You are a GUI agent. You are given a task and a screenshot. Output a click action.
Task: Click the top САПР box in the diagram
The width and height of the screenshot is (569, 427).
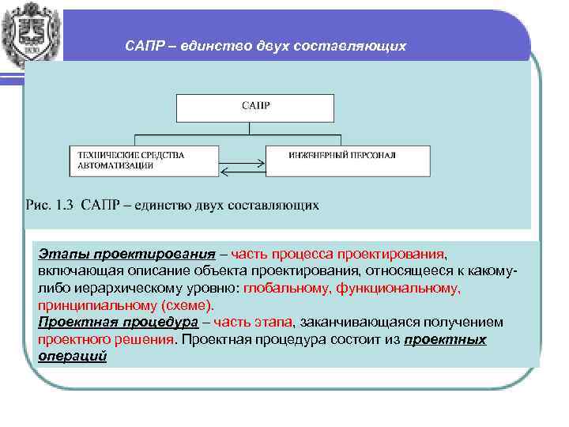coord(254,107)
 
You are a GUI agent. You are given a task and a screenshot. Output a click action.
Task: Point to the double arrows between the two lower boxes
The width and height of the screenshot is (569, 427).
coord(243,167)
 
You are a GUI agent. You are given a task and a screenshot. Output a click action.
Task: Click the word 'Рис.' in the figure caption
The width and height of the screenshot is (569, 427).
coord(39,206)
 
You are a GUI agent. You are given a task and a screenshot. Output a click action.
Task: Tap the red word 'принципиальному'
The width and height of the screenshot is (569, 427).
coord(96,305)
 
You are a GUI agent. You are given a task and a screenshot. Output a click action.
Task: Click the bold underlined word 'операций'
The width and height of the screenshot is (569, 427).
coord(72,356)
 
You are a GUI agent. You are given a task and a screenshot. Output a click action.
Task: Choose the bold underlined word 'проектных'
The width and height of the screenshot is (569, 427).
coord(445,339)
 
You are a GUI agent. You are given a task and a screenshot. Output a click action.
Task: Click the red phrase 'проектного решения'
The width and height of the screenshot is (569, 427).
coord(106,339)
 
